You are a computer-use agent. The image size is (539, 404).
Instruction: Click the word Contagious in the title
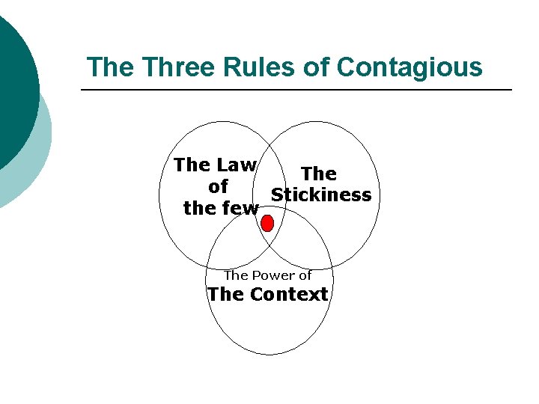[409, 67]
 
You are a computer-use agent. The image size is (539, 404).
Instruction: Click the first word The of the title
[111, 67]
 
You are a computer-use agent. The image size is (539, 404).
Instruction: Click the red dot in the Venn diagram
[267, 222]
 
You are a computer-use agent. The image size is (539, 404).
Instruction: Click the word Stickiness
[321, 195]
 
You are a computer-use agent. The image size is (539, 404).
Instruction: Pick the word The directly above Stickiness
[319, 174]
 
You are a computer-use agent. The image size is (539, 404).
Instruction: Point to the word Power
[272, 275]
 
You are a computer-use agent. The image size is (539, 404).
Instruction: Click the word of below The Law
[218, 186]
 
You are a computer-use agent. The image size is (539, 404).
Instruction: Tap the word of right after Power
[305, 275]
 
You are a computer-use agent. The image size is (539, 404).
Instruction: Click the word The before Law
[191, 165]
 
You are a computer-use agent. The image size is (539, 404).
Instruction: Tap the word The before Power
[236, 275]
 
